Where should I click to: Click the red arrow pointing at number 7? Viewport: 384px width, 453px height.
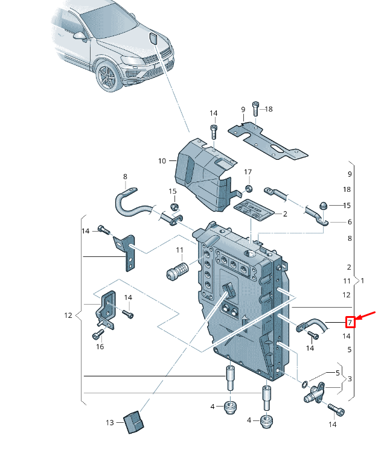[x=366, y=316]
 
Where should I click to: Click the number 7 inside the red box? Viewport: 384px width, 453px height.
[x=350, y=322]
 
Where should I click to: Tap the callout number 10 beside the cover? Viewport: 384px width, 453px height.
[x=162, y=161]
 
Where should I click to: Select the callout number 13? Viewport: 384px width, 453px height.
[x=109, y=423]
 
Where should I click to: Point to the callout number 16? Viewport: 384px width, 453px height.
[x=100, y=346]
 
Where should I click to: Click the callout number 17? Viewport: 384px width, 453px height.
[x=248, y=173]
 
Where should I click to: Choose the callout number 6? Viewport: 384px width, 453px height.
[x=349, y=222]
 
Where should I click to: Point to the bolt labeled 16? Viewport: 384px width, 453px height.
[x=98, y=332]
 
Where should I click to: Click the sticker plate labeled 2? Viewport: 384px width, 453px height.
[x=253, y=211]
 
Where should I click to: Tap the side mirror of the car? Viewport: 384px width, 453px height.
[x=79, y=36]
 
